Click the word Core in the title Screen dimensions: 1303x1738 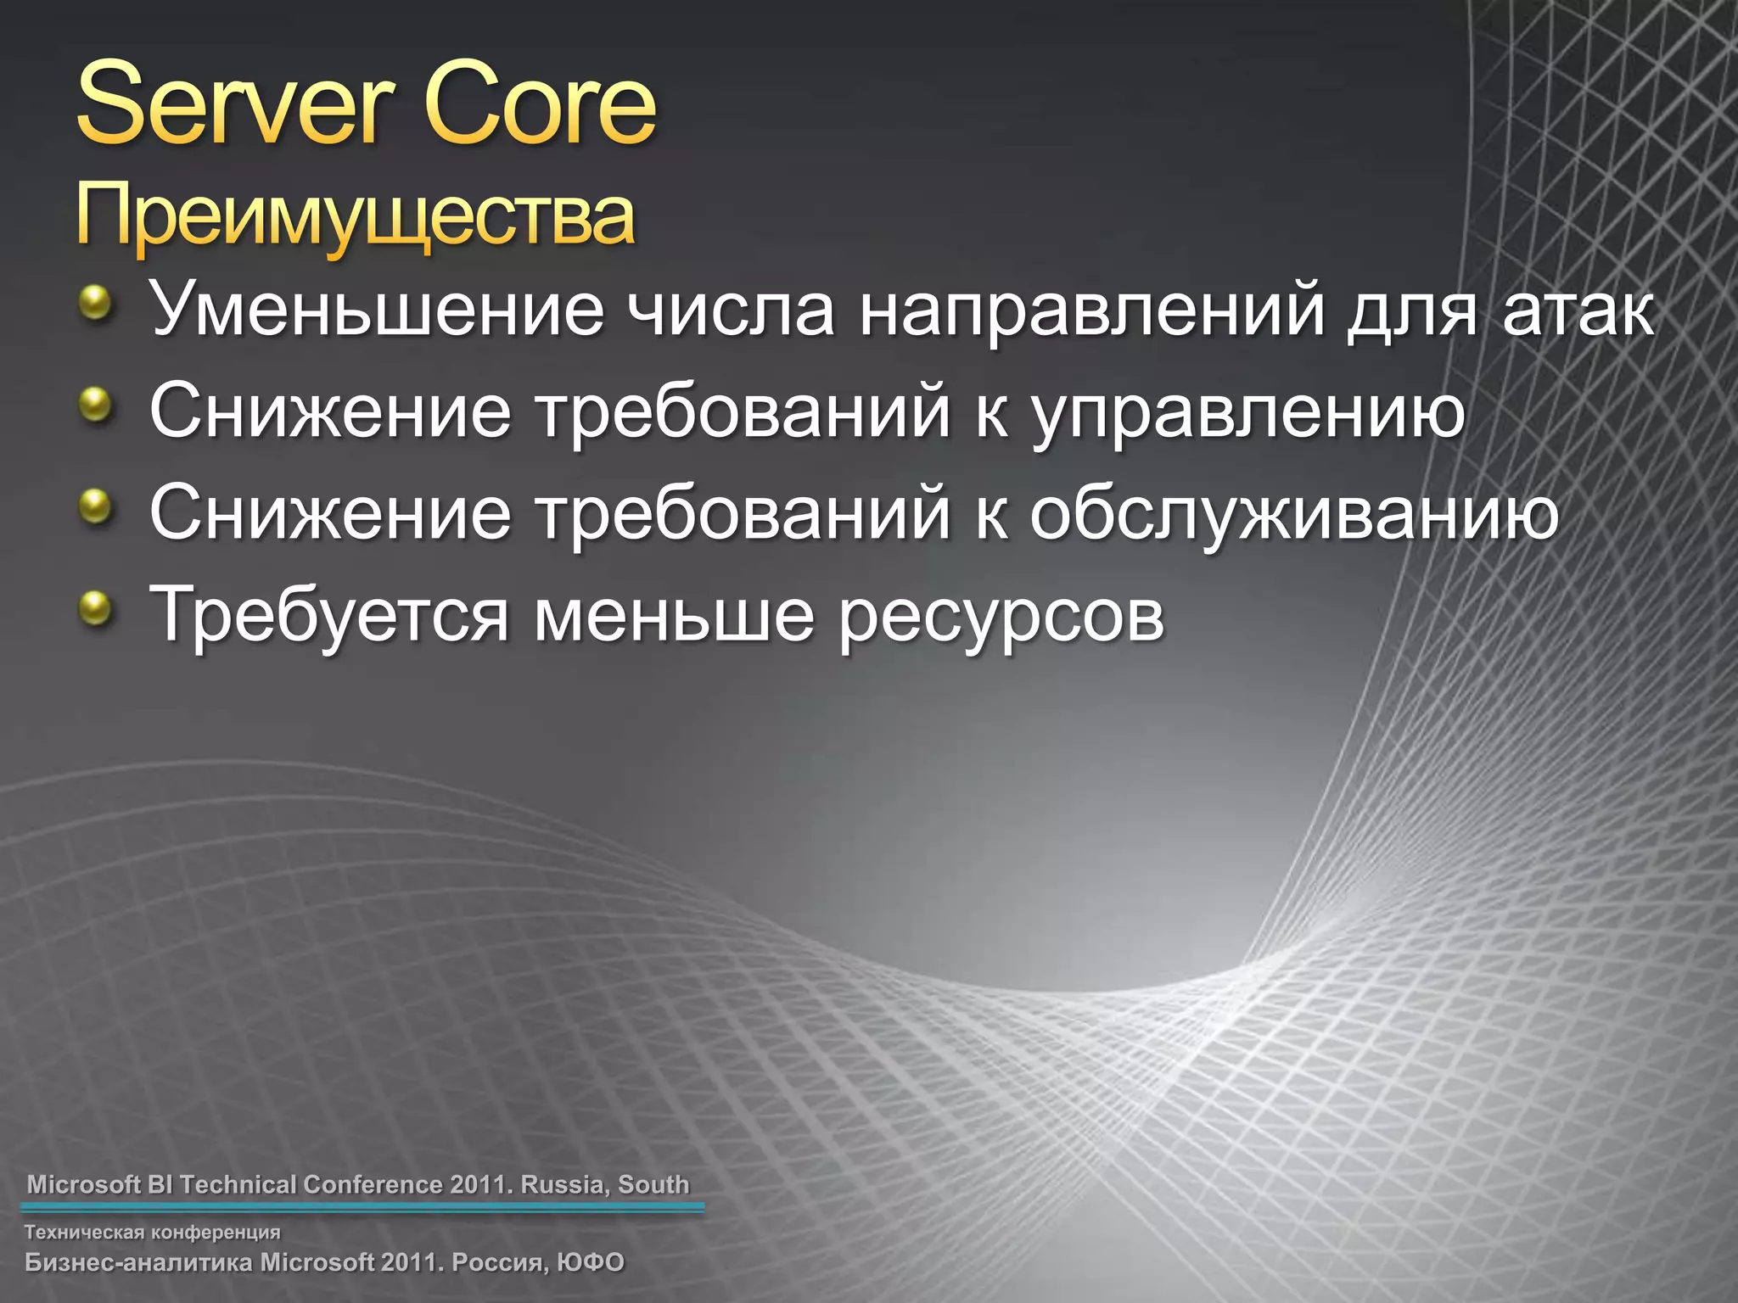click(x=540, y=105)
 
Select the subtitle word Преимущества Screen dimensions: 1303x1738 click(x=355, y=217)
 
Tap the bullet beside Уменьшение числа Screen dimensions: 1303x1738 click(x=96, y=303)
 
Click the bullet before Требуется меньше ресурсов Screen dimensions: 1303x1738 click(x=96, y=608)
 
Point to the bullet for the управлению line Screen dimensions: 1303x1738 click(x=96, y=405)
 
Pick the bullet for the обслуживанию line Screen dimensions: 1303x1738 click(x=96, y=506)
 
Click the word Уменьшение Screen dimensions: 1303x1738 click(x=377, y=310)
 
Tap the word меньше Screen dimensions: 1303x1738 click(x=674, y=616)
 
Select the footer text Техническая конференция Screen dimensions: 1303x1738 click(x=152, y=1232)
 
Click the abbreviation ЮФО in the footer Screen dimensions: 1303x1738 click(x=591, y=1262)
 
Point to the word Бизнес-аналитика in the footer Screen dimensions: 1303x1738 click(x=139, y=1262)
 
